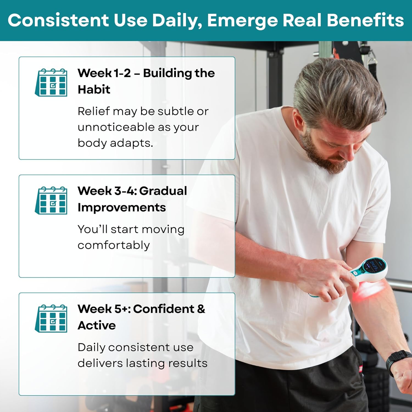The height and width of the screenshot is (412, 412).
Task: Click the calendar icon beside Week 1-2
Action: (x=51, y=82)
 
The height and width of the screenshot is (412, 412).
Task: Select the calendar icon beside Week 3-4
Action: (x=51, y=200)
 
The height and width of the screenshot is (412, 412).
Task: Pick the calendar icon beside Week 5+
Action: (x=51, y=318)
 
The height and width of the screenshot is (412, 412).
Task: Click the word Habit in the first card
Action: (x=94, y=89)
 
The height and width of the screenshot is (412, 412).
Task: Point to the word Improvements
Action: (x=122, y=208)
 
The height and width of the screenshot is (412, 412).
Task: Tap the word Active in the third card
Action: (x=97, y=325)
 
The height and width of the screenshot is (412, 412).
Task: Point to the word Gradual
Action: (x=163, y=191)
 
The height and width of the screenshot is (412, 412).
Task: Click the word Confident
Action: (x=164, y=309)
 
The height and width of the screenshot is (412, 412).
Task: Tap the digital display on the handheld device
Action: (x=374, y=266)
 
